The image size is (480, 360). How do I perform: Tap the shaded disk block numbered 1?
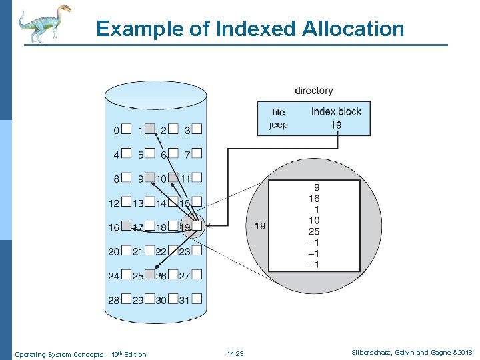[x=150, y=129]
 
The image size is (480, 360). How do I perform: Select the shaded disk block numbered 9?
[x=150, y=178]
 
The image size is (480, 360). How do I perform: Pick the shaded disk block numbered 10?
[x=173, y=178]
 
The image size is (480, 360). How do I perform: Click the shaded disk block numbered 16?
[x=126, y=226]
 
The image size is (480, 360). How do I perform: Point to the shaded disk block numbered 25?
[x=150, y=275]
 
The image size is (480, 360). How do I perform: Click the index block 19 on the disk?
[x=196, y=227]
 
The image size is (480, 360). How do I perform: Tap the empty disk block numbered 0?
[x=126, y=129]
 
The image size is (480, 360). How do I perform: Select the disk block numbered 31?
[x=196, y=299]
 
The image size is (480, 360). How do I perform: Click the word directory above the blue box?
[x=313, y=91]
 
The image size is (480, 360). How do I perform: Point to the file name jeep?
[x=278, y=124]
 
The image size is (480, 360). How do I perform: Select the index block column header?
[x=336, y=111]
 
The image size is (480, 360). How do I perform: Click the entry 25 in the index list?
[x=313, y=231]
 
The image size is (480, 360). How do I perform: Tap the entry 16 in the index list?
[x=313, y=199]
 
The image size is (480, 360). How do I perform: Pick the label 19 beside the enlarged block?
[x=260, y=226]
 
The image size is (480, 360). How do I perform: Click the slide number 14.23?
[x=235, y=353]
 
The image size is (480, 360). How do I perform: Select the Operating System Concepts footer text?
[x=81, y=354]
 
